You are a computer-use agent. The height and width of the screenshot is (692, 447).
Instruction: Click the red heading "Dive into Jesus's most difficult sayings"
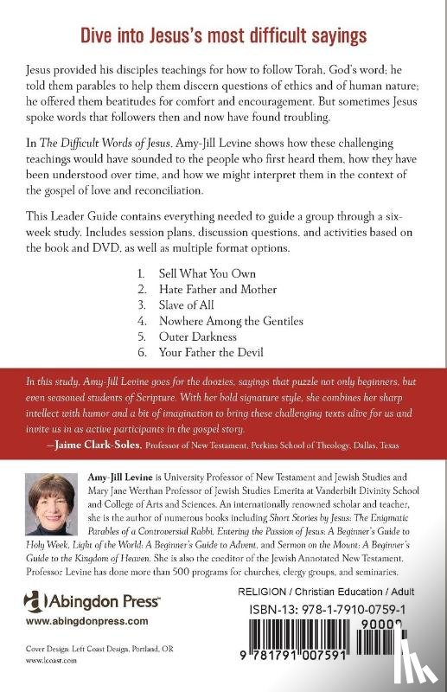pyautogui.click(x=223, y=36)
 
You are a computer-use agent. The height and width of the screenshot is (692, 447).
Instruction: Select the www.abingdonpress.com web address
pyautogui.click(x=73, y=597)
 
